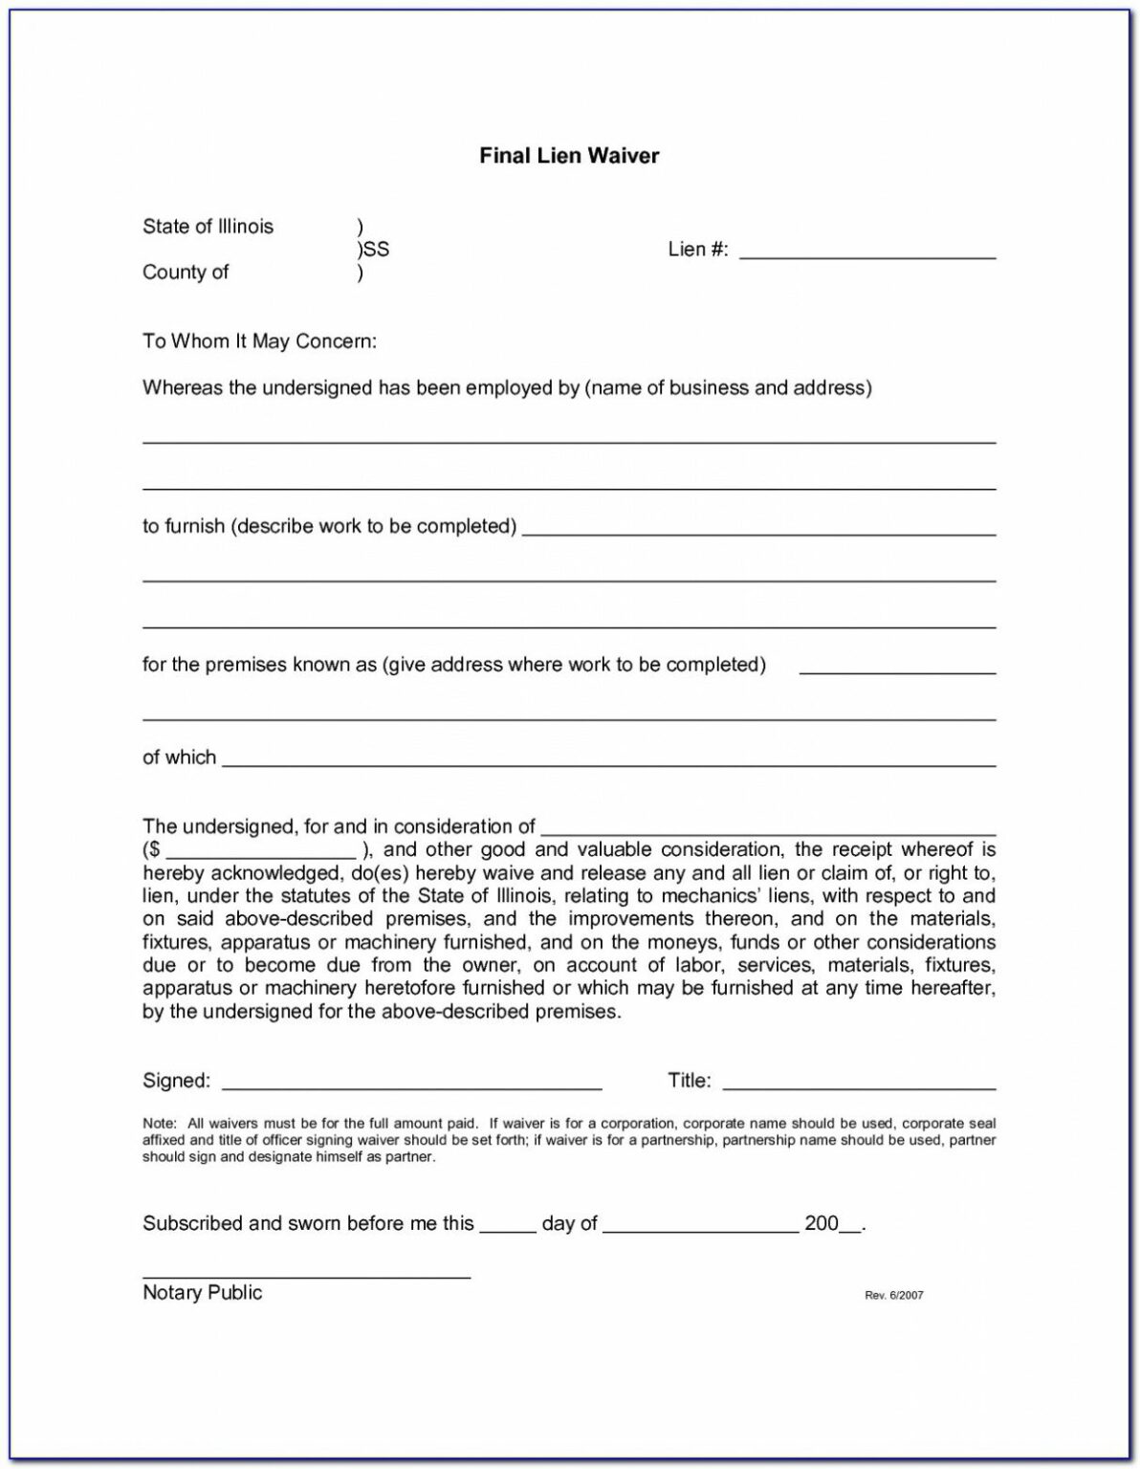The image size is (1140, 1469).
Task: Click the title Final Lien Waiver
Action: [x=569, y=156]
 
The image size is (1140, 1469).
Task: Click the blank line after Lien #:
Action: [x=867, y=256]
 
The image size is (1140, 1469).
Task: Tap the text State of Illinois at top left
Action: [x=208, y=227]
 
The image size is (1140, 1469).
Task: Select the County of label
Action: [x=186, y=273]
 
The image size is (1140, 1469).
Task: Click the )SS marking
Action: [x=373, y=250]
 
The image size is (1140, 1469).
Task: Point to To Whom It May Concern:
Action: [x=259, y=341]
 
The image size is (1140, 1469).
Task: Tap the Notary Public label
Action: [x=202, y=1293]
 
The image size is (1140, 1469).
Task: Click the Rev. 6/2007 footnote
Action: [x=894, y=1296]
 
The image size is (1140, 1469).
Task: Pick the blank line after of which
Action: [x=608, y=763]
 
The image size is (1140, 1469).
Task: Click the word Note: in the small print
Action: [x=159, y=1123]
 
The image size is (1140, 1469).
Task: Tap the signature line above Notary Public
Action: [x=306, y=1277]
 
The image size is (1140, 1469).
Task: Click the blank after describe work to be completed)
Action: [x=758, y=532]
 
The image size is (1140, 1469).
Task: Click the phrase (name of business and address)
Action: [x=728, y=388]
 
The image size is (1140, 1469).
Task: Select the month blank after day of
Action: [x=700, y=1229]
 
